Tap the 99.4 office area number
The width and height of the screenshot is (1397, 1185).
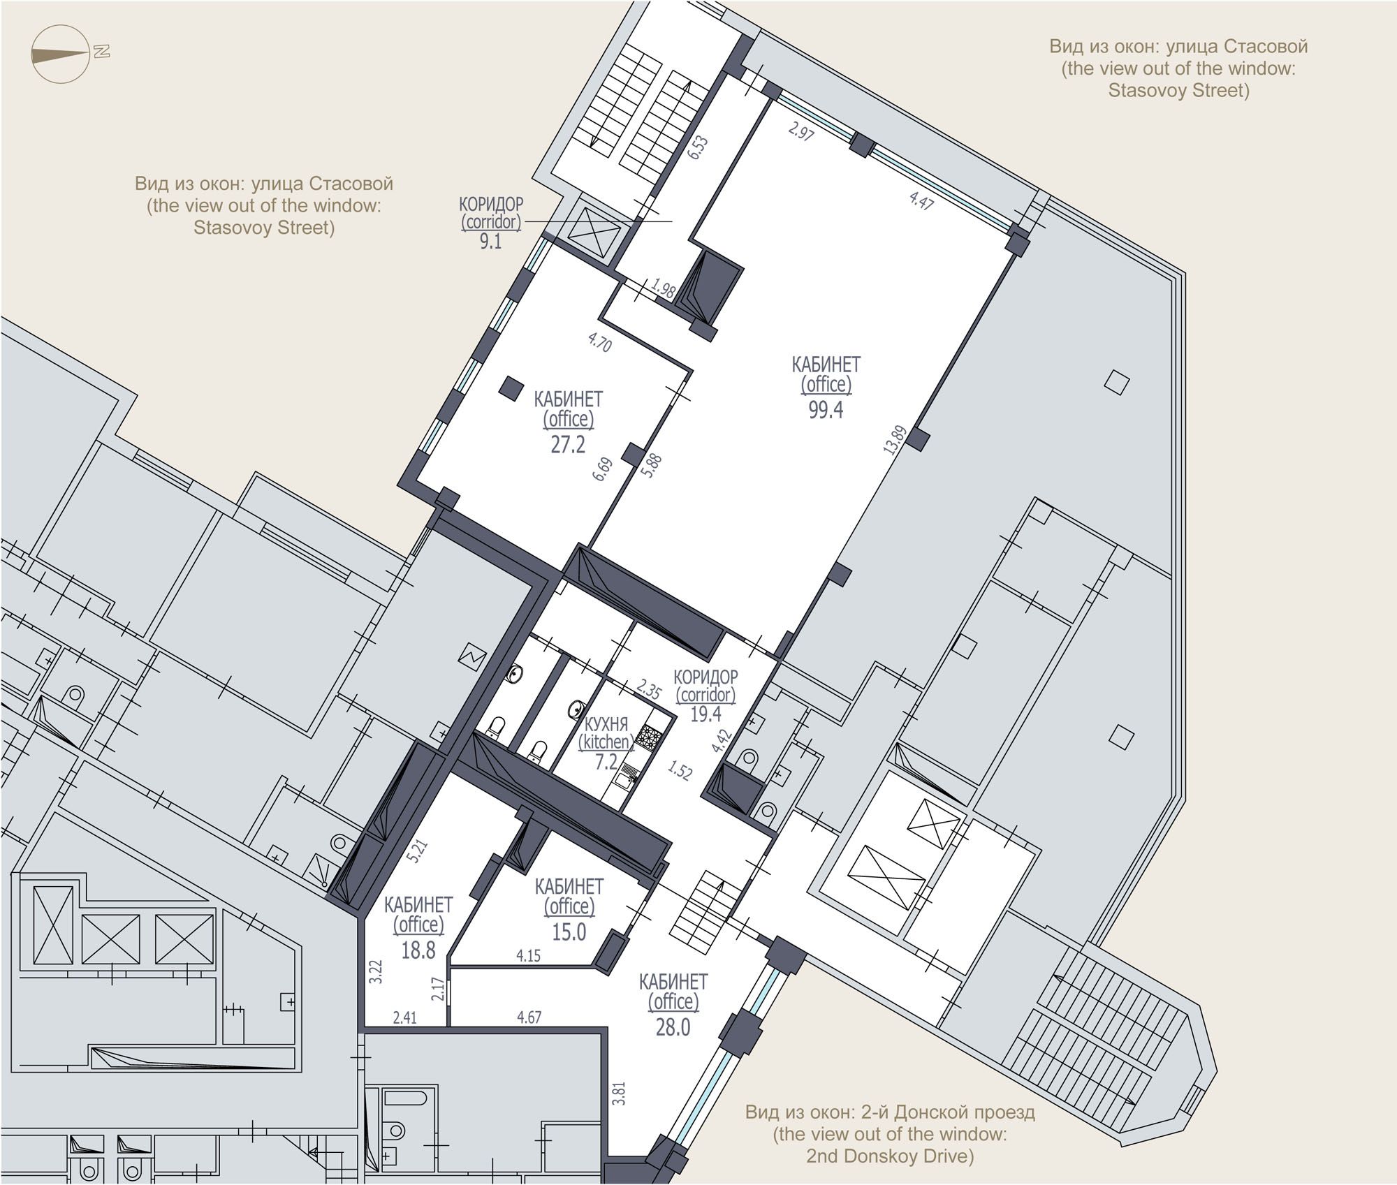[x=826, y=410]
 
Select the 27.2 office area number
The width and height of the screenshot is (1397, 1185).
[x=568, y=444]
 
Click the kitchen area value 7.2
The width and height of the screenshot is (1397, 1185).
[x=606, y=762]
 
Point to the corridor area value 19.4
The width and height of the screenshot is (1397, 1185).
[x=705, y=714]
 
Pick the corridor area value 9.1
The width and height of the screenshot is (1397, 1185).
[x=490, y=242]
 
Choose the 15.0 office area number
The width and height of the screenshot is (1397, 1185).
[x=569, y=932]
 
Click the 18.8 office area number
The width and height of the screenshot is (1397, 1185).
[x=418, y=950]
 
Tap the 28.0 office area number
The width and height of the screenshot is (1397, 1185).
[x=673, y=1027]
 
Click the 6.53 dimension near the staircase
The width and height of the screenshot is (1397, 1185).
[x=698, y=149]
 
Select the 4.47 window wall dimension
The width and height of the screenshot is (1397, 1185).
[x=921, y=200]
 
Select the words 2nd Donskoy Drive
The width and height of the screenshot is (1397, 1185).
[x=889, y=1156]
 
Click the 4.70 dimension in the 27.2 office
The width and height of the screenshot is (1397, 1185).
[x=600, y=343]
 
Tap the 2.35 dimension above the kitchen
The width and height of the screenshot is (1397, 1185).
[x=649, y=691]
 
